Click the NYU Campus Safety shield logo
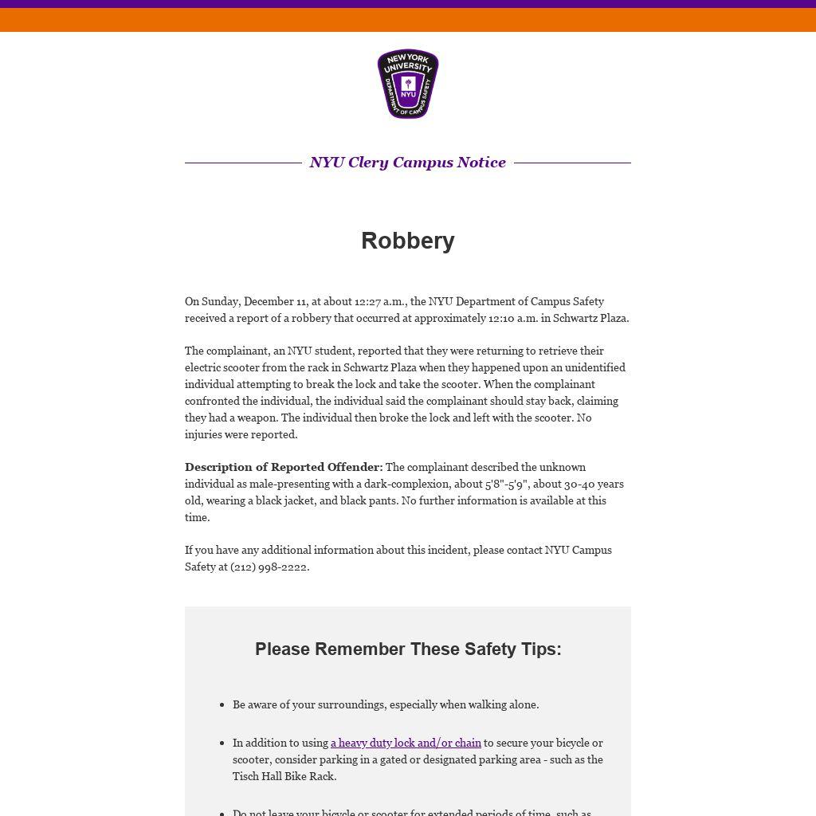pyautogui.click(x=408, y=84)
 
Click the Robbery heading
pyautogui.click(x=408, y=241)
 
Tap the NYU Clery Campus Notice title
pyautogui.click(x=408, y=163)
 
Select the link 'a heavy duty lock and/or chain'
pyautogui.click(x=406, y=743)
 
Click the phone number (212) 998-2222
pyautogui.click(x=269, y=567)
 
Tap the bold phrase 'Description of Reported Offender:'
pyautogui.click(x=284, y=467)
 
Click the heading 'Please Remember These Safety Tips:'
pyautogui.click(x=408, y=649)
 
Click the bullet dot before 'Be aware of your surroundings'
pyautogui.click(x=222, y=705)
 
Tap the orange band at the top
pyautogui.click(x=408, y=20)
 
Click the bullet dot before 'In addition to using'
pyautogui.click(x=222, y=743)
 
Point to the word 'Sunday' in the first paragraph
pyautogui.click(x=220, y=301)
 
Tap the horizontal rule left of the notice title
pyautogui.click(x=243, y=163)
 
